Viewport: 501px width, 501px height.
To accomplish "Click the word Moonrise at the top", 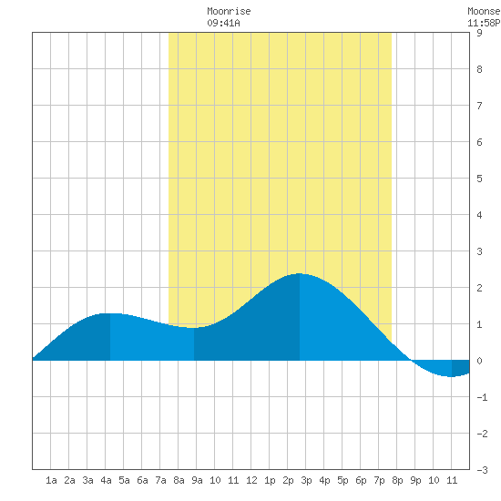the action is click(x=229, y=12).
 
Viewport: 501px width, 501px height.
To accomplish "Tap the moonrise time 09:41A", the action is click(x=223, y=24).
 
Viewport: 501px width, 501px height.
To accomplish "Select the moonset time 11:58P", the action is click(x=484, y=24).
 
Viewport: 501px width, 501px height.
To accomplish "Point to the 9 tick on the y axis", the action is click(x=479, y=33).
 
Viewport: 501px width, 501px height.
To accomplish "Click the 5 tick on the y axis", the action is click(x=479, y=179).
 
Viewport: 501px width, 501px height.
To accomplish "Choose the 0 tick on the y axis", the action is click(x=479, y=361).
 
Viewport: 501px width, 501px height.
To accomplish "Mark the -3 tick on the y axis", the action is click(x=482, y=470).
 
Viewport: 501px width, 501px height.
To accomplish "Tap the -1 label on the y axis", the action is click(x=482, y=397).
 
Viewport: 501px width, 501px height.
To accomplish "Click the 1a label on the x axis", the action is click(x=51, y=480).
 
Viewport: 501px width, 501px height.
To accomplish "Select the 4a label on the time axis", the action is click(x=106, y=480).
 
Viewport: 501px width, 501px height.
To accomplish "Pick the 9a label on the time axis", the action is click(x=197, y=480).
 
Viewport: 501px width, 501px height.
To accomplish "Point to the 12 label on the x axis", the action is click(x=251, y=480).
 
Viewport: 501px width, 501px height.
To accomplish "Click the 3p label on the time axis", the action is click(x=306, y=480).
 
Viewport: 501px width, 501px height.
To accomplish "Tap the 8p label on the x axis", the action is click(x=397, y=480).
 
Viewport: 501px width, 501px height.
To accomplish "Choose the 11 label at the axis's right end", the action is click(x=452, y=480).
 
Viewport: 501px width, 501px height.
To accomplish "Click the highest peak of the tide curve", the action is click(x=299, y=273).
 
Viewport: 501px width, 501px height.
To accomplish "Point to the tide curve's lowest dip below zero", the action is click(x=451, y=377).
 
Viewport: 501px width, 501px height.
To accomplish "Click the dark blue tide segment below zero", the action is click(x=460, y=367).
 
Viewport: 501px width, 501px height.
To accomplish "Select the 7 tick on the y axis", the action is click(x=479, y=106).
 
